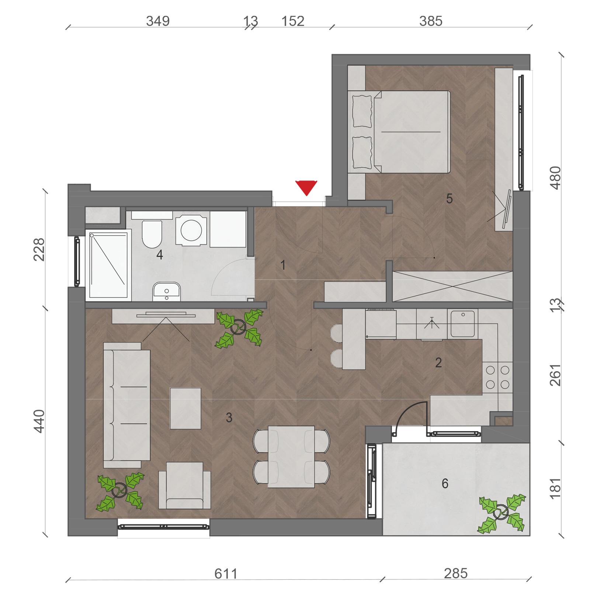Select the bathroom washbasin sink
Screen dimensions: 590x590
[166, 292]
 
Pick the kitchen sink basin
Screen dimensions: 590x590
[462, 324]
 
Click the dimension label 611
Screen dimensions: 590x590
[226, 574]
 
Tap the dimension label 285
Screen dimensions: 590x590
[456, 573]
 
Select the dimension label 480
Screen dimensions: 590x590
[555, 178]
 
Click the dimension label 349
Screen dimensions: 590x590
[158, 21]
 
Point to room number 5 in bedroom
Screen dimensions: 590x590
[449, 199]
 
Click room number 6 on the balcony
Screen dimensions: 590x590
[445, 483]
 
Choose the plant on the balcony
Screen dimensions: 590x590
[502, 513]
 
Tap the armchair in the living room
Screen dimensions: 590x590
[185, 486]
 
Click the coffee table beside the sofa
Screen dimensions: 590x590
[185, 408]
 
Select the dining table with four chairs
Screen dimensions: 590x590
[291, 457]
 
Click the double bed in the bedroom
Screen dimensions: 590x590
[399, 132]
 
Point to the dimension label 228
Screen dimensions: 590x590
[39, 250]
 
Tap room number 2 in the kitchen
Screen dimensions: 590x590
[438, 363]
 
